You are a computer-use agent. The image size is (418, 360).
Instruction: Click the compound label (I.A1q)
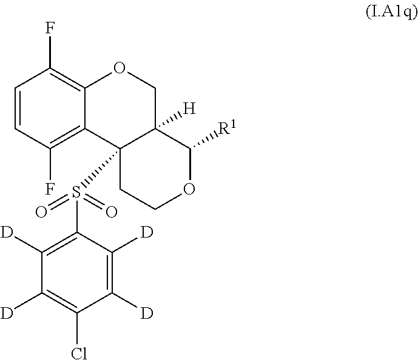[x=391, y=13]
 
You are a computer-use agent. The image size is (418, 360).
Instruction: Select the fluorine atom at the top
[x=50, y=28]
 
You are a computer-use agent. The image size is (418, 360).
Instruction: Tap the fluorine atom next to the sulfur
[x=50, y=188]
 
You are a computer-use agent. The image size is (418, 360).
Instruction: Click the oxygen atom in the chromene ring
[x=119, y=68]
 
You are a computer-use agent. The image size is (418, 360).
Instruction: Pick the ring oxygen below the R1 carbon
[x=189, y=188]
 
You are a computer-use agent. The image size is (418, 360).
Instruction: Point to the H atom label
[x=189, y=108]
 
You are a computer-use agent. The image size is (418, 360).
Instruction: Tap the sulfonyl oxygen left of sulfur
[x=41, y=212]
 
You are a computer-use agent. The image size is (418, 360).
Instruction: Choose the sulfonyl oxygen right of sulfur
[x=112, y=212]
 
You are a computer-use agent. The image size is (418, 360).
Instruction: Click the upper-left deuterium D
[x=7, y=233]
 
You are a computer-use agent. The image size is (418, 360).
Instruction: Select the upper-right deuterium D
[x=147, y=233]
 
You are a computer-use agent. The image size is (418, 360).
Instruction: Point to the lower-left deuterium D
[x=7, y=313]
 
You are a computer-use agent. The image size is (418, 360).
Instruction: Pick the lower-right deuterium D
[x=147, y=313]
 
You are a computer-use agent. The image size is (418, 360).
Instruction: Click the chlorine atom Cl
[x=79, y=353]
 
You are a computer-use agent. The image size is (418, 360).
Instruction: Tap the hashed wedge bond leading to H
[x=169, y=122]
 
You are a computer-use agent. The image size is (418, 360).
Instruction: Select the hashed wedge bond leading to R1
[x=204, y=141]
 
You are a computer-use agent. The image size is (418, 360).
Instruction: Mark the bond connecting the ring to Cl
[x=77, y=329]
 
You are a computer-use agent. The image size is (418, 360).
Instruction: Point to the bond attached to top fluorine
[x=50, y=52]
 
